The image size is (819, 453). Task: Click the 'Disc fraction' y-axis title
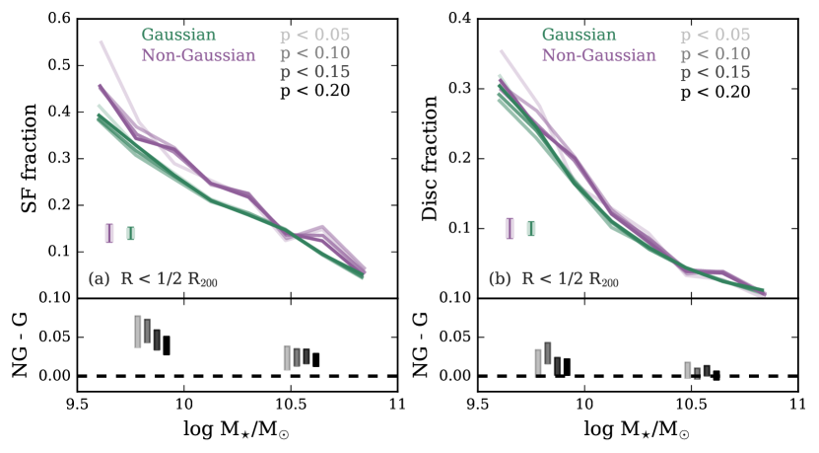[430, 158]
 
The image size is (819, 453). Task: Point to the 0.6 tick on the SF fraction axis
[56, 19]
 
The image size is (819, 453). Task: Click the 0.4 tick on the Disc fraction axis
[457, 19]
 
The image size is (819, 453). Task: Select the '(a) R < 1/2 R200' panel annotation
[152, 279]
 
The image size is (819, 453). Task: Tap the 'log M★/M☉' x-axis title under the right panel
[635, 431]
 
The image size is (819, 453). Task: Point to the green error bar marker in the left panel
[130, 233]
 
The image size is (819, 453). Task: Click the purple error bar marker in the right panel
[510, 228]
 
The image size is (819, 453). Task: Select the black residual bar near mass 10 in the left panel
[167, 345]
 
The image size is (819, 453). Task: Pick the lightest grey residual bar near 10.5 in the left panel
[287, 357]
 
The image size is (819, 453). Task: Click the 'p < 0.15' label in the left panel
[313, 73]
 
